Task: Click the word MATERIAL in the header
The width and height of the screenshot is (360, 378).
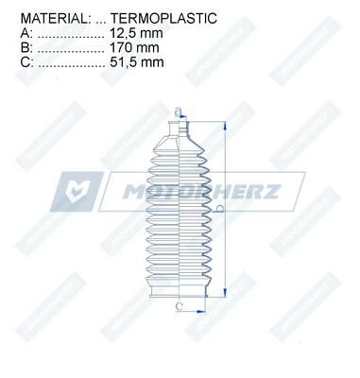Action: click(54, 18)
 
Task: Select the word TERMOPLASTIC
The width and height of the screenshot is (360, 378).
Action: click(163, 18)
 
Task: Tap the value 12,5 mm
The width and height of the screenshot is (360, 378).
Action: click(136, 33)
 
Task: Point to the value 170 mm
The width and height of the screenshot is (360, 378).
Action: click(134, 47)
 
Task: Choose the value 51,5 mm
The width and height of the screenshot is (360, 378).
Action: click(137, 62)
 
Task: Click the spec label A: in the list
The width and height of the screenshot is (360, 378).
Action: click(26, 33)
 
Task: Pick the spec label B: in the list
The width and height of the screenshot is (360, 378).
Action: click(26, 47)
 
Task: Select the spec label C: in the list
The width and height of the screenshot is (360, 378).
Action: click(26, 62)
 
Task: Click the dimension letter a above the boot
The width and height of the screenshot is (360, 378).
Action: click(179, 112)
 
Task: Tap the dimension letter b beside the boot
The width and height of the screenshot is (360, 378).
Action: click(220, 208)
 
